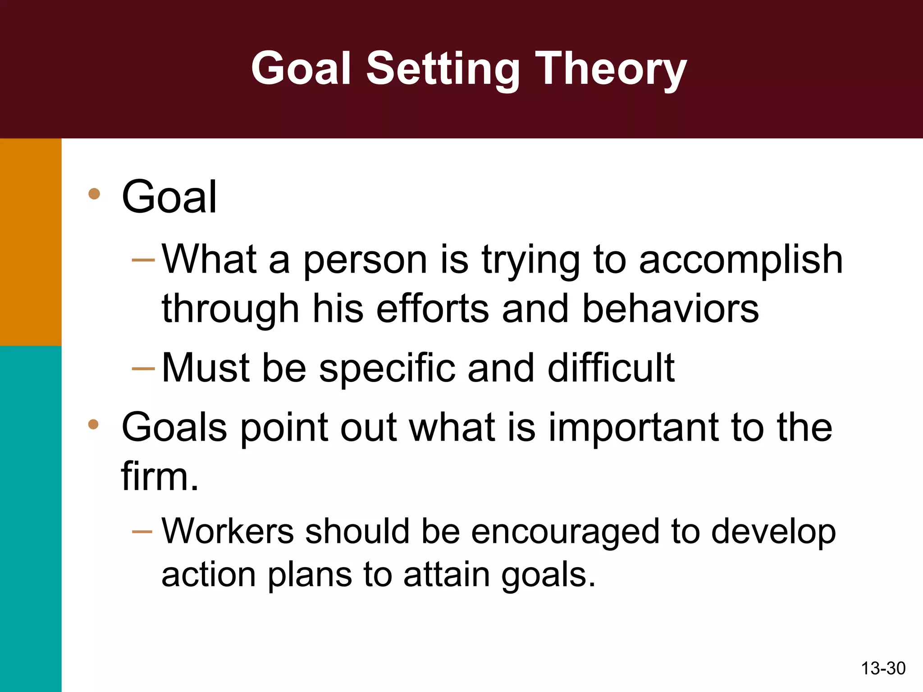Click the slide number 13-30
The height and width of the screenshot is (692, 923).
883,668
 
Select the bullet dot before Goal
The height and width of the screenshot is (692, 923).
94,194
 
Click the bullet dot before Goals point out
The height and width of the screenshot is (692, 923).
93,424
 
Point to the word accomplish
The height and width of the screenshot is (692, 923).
740,260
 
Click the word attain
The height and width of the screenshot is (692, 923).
446,575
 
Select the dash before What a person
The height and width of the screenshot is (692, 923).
143,260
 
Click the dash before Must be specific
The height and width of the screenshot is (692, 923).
143,369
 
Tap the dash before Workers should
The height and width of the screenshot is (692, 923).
142,532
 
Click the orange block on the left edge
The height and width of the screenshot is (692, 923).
30,242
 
